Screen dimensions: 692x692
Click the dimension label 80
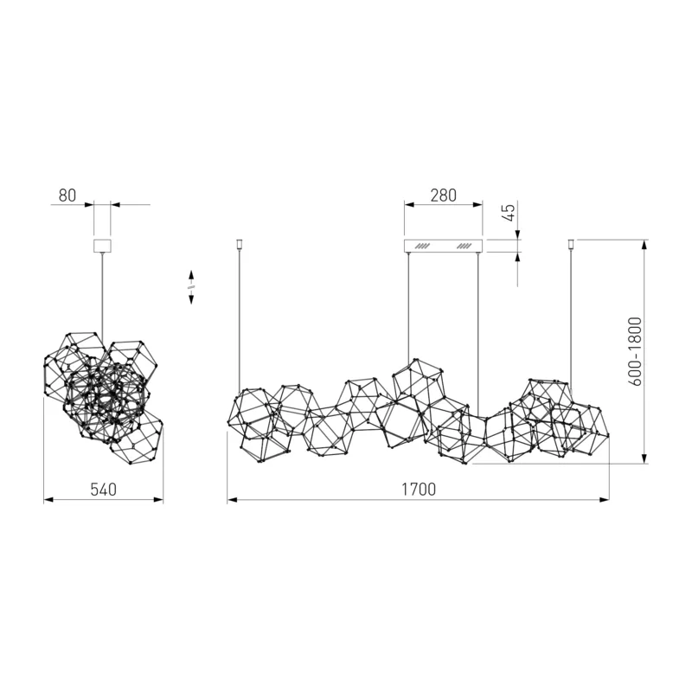coord(67,195)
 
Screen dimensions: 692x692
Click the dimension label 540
coord(103,490)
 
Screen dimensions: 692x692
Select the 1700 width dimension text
coord(419,490)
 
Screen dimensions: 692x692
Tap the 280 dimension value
coord(444,195)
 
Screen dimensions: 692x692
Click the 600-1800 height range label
coord(635,351)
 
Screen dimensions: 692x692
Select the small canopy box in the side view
coord(102,246)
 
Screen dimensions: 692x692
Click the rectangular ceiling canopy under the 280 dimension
coord(444,246)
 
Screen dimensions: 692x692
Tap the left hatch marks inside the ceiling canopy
coord(423,246)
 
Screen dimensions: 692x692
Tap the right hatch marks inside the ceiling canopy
coord(465,246)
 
